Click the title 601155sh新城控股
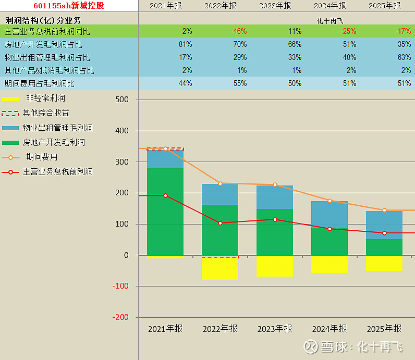[69, 6]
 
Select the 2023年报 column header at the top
[275, 6]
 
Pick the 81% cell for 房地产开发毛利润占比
[185, 44]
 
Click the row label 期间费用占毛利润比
[40, 83]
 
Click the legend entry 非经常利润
[45, 98]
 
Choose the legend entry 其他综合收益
[46, 113]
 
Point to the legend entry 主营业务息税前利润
[57, 171]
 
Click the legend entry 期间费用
[42, 157]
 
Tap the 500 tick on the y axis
[121, 100]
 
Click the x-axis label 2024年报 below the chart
[329, 329]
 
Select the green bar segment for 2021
[165, 211]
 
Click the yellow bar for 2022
[220, 269]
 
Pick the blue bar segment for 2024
[329, 215]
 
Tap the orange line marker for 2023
[275, 185]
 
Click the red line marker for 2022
[220, 223]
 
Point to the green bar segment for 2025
[384, 247]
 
